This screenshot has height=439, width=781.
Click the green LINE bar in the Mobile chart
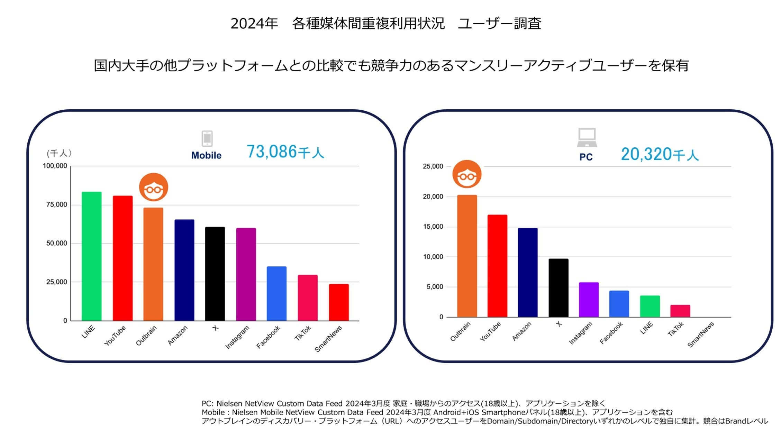point(91,256)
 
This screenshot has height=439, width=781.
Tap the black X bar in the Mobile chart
point(215,274)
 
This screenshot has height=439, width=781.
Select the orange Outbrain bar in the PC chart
point(467,256)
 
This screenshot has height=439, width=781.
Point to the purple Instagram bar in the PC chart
point(589,300)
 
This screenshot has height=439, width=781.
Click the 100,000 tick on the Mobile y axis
point(55,166)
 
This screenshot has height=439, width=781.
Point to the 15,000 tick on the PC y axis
point(433,227)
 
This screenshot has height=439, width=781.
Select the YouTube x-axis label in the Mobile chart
point(115,335)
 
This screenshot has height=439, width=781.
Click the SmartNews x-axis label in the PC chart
point(701,335)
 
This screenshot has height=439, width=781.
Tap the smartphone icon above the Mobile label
point(207,139)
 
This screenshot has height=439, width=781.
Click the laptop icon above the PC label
point(587,137)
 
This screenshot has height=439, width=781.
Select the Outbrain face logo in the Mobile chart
point(154,187)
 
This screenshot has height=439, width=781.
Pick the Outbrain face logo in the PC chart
point(467,174)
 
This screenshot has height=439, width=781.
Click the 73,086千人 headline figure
point(285,152)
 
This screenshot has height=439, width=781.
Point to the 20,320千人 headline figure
point(660,154)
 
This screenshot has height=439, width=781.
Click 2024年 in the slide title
point(254,24)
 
